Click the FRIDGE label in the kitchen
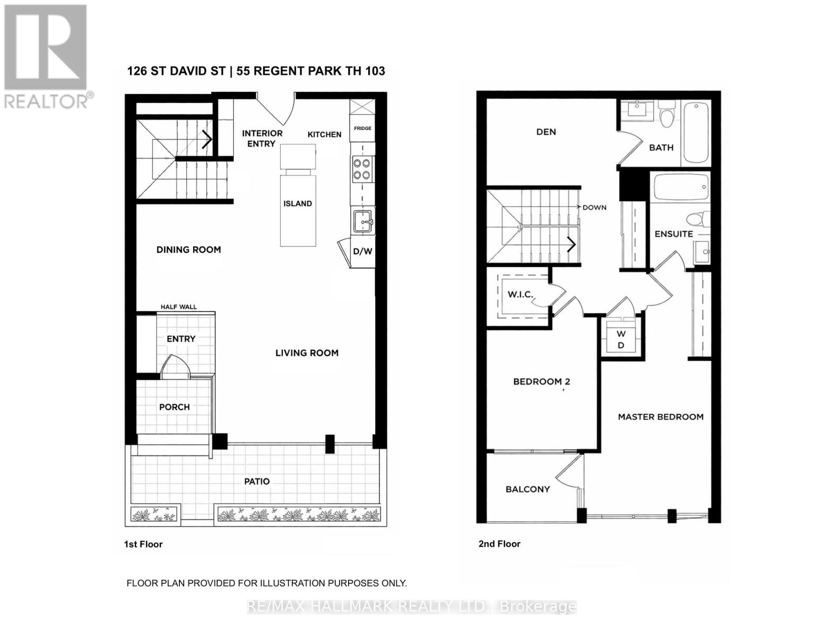click(x=363, y=128)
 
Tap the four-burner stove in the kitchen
click(x=362, y=170)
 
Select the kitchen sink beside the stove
click(x=363, y=220)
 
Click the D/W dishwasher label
click(x=363, y=252)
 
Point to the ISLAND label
click(x=298, y=204)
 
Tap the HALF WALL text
click(x=179, y=307)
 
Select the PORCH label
click(x=175, y=407)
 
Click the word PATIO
click(x=257, y=481)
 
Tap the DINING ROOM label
click(x=188, y=250)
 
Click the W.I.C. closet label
click(x=520, y=294)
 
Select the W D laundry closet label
click(x=621, y=339)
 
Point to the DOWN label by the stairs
click(x=594, y=207)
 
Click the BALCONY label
click(x=527, y=489)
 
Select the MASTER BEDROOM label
click(x=661, y=417)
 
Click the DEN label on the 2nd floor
click(x=546, y=132)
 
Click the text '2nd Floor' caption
click(x=499, y=544)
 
